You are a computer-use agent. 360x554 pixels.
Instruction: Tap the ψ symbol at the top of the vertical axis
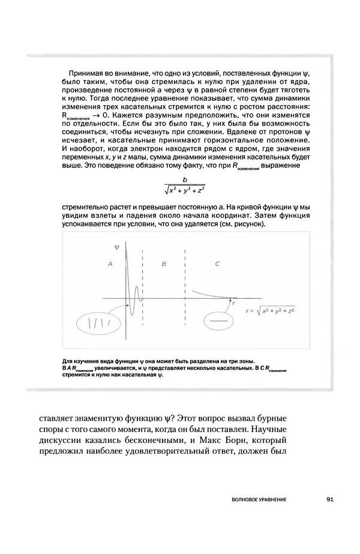(x=116, y=247)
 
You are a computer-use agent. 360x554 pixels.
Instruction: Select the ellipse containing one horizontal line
(x=218, y=322)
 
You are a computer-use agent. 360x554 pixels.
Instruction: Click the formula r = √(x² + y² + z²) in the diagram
(x=270, y=312)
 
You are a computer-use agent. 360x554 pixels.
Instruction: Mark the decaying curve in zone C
(x=210, y=294)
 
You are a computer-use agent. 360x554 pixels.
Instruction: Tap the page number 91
(x=331, y=498)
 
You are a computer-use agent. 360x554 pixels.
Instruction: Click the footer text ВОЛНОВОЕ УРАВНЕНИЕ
(x=258, y=499)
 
